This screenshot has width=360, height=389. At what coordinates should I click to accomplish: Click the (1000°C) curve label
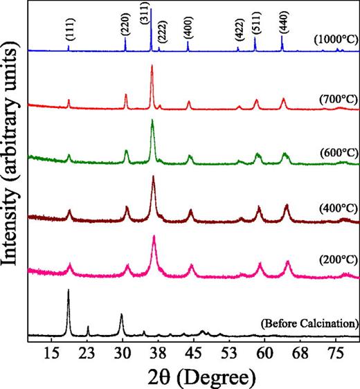tap(335, 39)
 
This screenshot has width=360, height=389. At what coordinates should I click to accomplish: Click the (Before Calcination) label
tap(309, 323)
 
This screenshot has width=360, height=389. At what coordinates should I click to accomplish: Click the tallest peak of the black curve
tap(68, 291)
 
